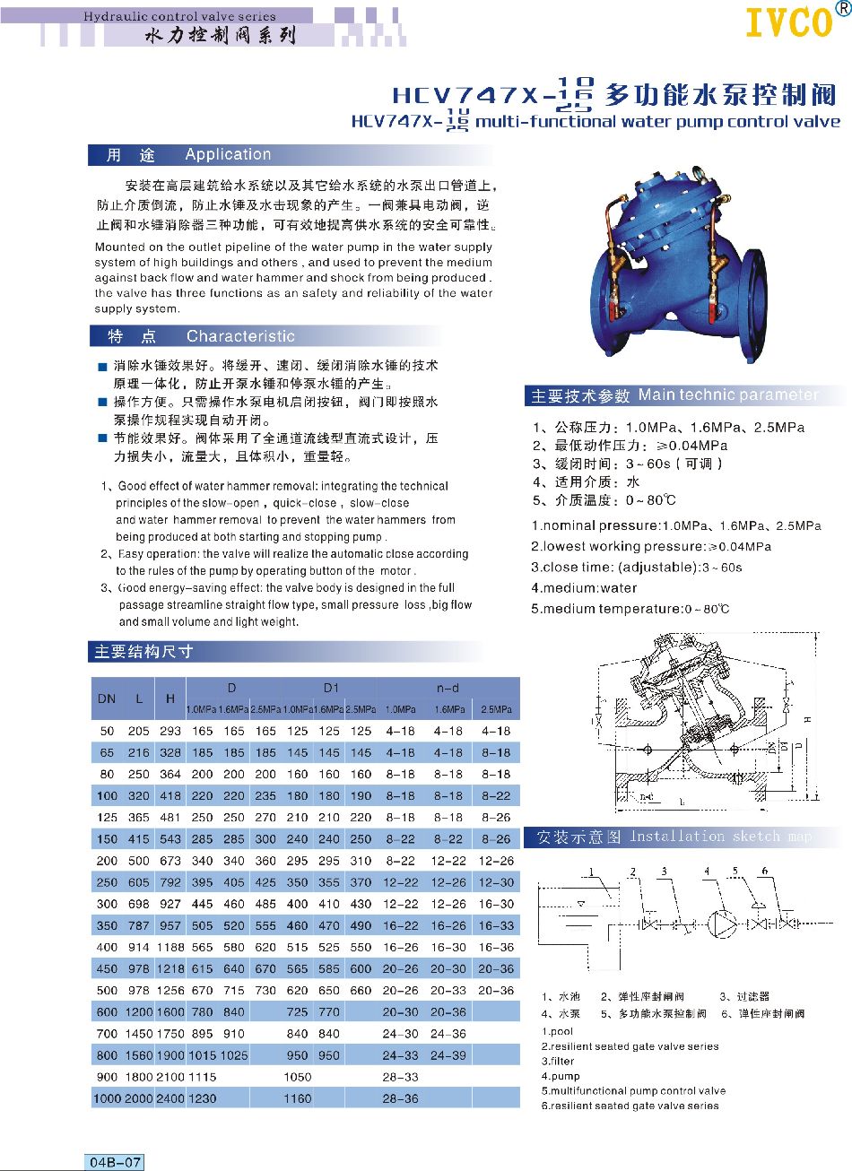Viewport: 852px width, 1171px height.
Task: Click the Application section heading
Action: (x=228, y=154)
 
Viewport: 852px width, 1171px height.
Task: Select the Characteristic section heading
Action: (x=239, y=336)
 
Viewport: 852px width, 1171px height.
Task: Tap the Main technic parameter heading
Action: (x=727, y=395)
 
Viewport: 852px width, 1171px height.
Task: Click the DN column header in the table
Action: (x=106, y=698)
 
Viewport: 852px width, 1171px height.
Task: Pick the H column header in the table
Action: (x=170, y=698)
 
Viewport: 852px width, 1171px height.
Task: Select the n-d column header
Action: (x=448, y=688)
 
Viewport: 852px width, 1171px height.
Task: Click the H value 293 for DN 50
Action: (x=170, y=732)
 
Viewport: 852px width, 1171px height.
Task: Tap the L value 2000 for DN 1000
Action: (x=138, y=1098)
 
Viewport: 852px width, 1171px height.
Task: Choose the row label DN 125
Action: (x=106, y=818)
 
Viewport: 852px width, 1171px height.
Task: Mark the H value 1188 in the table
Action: (x=170, y=948)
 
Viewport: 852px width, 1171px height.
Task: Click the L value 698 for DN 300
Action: (x=138, y=904)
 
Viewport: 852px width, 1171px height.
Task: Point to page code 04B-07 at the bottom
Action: (x=115, y=1162)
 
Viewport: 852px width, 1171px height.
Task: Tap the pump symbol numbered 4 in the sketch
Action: (x=720, y=924)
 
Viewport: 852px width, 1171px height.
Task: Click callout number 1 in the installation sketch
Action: (x=592, y=872)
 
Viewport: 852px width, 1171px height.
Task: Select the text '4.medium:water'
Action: (x=584, y=588)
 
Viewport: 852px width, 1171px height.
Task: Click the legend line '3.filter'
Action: (x=558, y=1061)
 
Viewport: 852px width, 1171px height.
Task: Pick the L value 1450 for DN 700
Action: (x=138, y=1034)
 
